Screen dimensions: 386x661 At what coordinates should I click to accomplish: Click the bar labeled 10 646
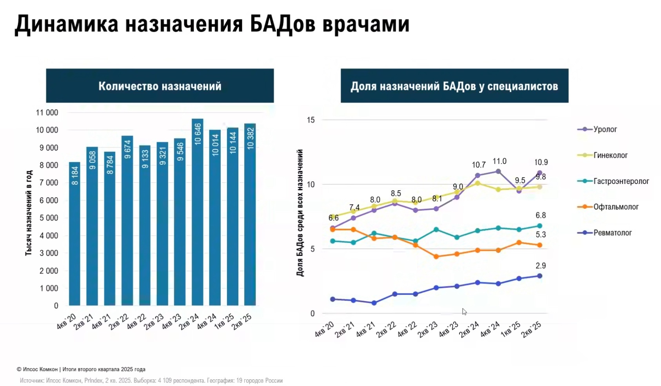click(197, 212)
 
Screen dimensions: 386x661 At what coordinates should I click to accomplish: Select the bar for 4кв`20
click(74, 235)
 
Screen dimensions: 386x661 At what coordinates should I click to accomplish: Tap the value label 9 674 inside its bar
click(127, 149)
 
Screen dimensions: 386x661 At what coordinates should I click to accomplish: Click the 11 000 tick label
click(47, 113)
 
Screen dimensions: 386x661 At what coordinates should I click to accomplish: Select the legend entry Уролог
click(605, 129)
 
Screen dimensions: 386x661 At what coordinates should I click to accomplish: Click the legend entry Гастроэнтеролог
click(621, 181)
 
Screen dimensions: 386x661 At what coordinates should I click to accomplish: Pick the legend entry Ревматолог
click(612, 233)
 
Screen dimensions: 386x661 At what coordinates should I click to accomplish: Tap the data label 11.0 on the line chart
click(499, 161)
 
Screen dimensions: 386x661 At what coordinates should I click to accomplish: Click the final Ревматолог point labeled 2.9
click(539, 276)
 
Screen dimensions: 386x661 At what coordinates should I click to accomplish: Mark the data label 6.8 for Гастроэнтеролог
click(541, 215)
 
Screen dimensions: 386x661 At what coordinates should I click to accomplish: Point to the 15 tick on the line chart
click(311, 120)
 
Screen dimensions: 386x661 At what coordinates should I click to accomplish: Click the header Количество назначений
click(160, 86)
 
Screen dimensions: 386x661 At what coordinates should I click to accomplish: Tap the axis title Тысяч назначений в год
click(29, 213)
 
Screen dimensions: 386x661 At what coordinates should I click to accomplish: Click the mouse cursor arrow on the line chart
click(464, 311)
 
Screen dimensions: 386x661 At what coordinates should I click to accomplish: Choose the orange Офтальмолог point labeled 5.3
click(539, 245)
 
